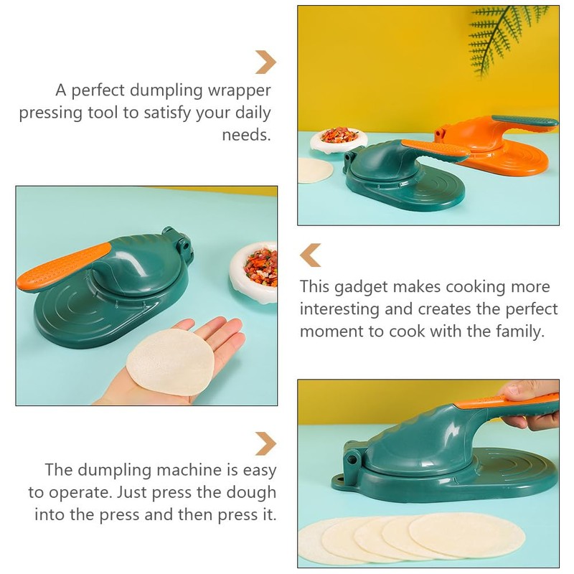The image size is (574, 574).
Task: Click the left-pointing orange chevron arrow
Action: pyautogui.click(x=310, y=255)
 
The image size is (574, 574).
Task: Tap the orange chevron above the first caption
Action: pyautogui.click(x=265, y=62)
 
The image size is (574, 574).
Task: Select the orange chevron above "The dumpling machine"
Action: pyautogui.click(x=265, y=443)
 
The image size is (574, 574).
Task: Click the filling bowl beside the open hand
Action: pyautogui.click(x=255, y=270)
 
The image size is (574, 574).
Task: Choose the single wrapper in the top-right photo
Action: pyautogui.click(x=315, y=170)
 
